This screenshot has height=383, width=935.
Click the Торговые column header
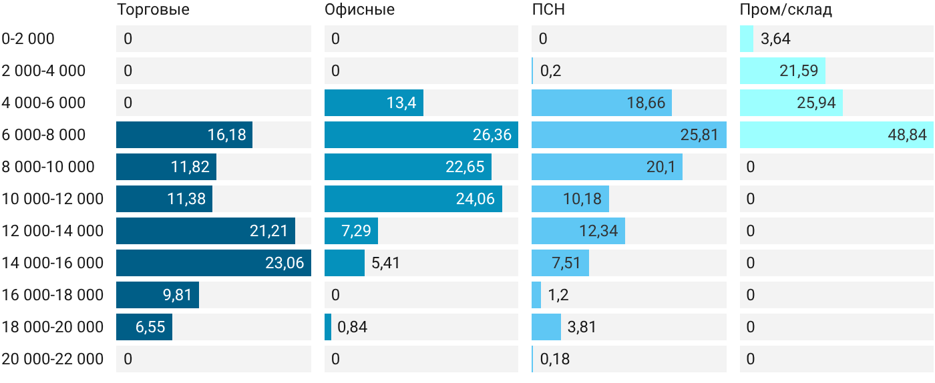click(153, 9)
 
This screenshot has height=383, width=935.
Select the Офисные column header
click(359, 9)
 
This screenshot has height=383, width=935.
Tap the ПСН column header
click(548, 9)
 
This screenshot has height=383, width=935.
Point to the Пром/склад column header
click(786, 9)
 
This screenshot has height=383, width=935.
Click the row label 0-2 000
click(28, 39)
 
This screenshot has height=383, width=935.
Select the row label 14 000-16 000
click(53, 263)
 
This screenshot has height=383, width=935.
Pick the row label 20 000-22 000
click(53, 359)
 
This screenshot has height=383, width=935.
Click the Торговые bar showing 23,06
click(214, 263)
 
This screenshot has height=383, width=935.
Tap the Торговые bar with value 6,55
click(144, 327)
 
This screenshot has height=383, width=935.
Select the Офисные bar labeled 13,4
click(374, 103)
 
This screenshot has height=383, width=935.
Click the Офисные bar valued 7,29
click(351, 231)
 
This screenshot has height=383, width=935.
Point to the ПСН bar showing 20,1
click(607, 167)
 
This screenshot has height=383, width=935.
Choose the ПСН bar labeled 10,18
click(570, 199)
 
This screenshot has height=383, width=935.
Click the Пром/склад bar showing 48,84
click(836, 135)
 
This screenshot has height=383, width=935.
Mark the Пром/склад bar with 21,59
click(783, 71)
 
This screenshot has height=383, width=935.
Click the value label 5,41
click(386, 263)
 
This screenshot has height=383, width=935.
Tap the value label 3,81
click(582, 327)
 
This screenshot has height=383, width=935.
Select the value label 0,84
click(353, 327)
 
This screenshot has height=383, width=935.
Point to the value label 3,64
click(775, 39)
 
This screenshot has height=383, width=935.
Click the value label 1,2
click(558, 295)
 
